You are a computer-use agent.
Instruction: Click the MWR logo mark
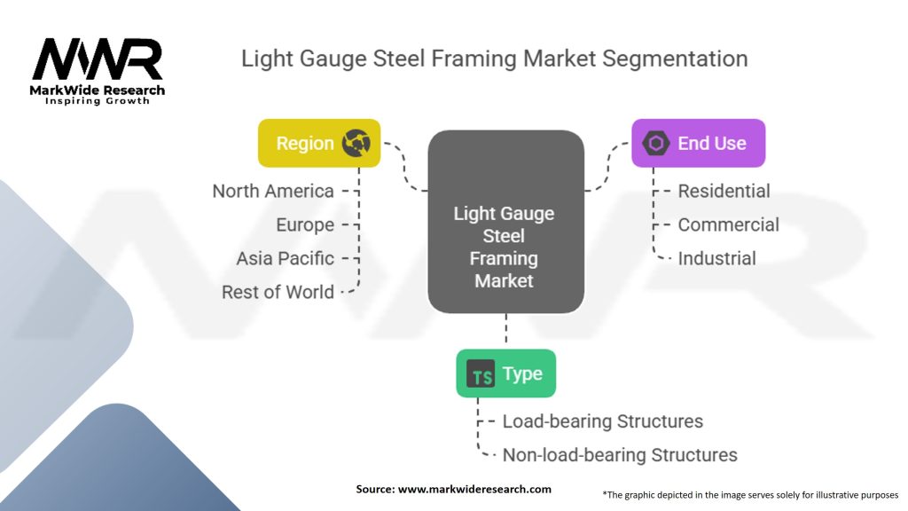point(98,59)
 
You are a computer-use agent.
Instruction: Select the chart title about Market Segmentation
point(494,59)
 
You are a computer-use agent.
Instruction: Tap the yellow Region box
point(307,144)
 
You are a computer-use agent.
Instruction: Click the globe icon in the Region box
point(356,143)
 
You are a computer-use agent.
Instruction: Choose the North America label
point(273,191)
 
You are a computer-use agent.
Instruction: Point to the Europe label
point(305,224)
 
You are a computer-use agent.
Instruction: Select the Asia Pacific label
point(285,258)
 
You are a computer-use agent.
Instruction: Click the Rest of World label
point(278,292)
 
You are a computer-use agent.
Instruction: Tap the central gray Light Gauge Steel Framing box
point(505,222)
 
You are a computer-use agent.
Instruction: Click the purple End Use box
point(698,144)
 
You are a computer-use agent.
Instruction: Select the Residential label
point(724,191)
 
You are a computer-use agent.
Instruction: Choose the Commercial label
point(728,224)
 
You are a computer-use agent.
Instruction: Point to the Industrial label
point(716,258)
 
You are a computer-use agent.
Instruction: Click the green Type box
point(505,373)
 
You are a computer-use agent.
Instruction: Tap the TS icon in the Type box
point(481,374)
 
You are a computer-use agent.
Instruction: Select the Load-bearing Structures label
point(602,421)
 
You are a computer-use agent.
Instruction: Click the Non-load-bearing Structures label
point(620,455)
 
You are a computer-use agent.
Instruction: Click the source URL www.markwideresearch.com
point(474,489)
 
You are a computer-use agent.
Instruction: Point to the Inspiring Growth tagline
point(98,101)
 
